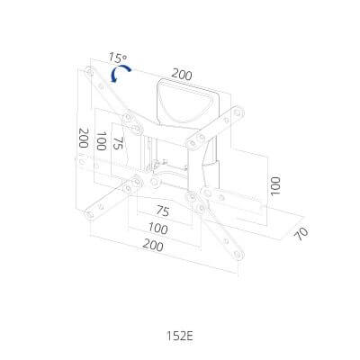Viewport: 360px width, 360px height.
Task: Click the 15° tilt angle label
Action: [118, 58]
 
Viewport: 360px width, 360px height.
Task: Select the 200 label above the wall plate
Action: [182, 75]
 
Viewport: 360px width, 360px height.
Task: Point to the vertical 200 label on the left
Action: [83, 138]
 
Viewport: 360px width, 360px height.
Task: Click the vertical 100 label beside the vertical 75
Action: [101, 141]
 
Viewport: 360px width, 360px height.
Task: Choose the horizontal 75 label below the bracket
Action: [163, 211]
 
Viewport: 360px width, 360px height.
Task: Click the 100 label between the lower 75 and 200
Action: [158, 229]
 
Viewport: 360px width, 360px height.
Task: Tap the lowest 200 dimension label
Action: [153, 246]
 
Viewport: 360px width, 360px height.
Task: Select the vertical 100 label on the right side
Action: [275, 186]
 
